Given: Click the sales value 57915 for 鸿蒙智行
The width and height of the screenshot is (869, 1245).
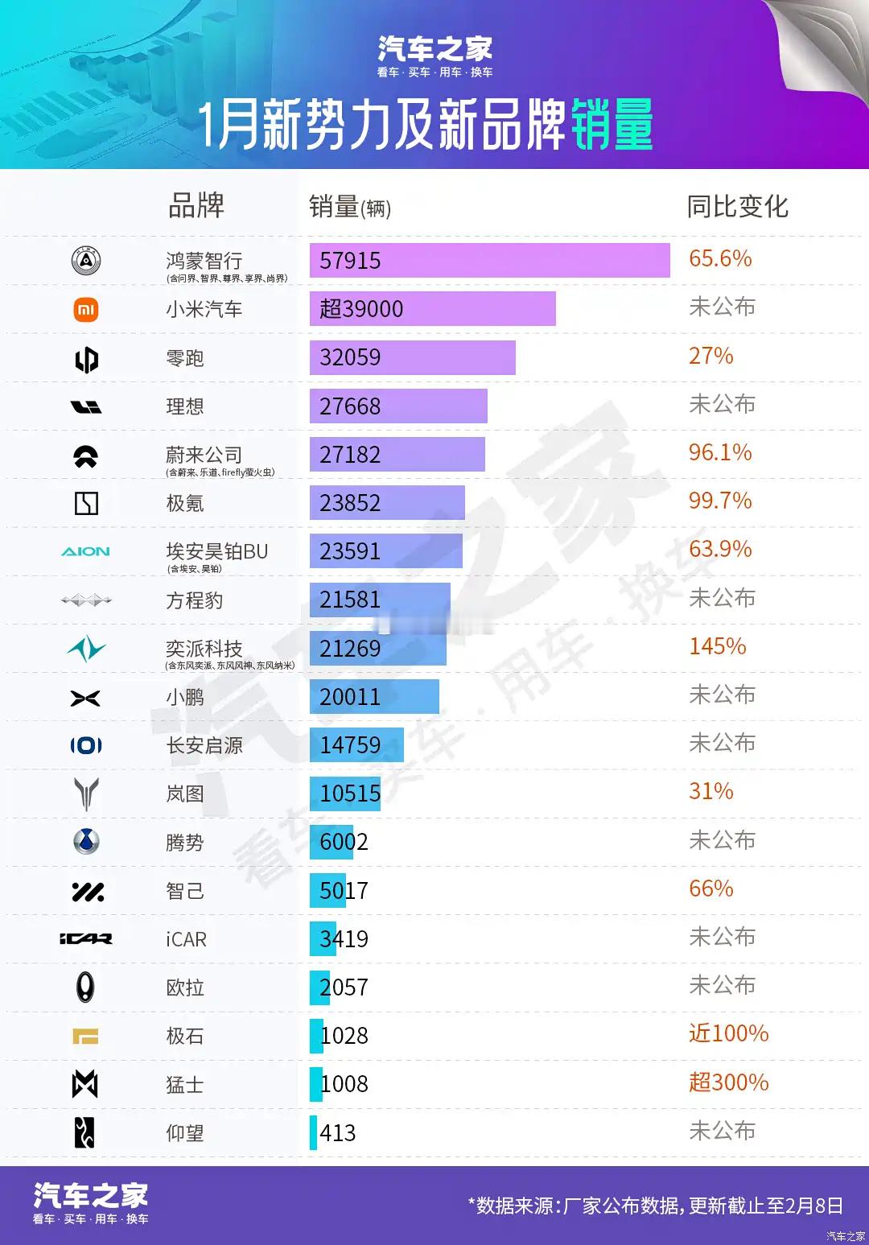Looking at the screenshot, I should pos(350,261).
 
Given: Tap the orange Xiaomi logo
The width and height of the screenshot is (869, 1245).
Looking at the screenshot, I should pos(86,310).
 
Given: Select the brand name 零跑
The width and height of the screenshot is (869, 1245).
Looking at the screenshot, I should pos(185,358).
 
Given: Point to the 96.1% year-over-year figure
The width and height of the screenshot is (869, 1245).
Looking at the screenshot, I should pos(720,452).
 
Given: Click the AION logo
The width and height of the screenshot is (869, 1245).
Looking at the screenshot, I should pos(86,551).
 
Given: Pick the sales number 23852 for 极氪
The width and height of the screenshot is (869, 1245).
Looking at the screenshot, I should pos(350,503).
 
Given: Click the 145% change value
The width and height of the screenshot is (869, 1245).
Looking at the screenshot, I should pos(718,646).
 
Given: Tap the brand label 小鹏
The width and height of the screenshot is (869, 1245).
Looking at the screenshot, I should pos(185,697).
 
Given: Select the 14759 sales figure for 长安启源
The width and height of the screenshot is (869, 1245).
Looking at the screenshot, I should pos(350,745).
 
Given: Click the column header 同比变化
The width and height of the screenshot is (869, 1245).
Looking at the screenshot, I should pos(737,207).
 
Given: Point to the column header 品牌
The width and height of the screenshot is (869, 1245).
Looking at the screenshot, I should pos(196,206).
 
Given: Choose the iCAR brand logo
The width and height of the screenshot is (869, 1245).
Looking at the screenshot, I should pos(86,938).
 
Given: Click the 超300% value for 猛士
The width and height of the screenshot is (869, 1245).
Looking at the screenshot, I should pos(729,1082).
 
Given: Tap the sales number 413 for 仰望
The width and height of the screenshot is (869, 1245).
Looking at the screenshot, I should pos(338,1133).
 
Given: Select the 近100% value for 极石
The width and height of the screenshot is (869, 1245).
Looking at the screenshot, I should pos(729,1033).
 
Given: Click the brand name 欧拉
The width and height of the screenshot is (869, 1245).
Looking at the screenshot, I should pos(185,987).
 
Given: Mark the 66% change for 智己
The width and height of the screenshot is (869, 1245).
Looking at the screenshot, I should pos(711,888).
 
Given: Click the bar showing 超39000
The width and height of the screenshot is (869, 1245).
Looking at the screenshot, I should pos(432,309).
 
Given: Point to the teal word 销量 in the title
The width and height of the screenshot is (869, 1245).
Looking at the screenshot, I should pos(612,126).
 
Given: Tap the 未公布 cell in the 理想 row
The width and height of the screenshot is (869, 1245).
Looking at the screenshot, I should pos(723,404).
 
